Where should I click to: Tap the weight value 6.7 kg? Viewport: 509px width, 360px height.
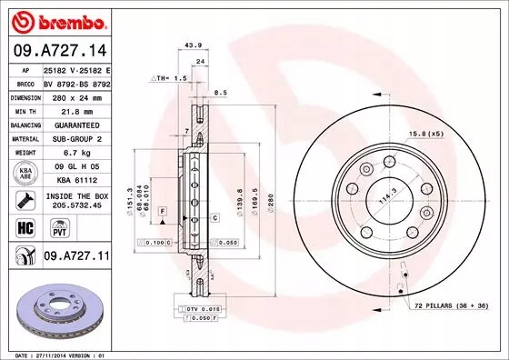75,154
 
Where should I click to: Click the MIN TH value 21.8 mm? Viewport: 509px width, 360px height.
75,108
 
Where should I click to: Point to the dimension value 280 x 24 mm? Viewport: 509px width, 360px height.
75,95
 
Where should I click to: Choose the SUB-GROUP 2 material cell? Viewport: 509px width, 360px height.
75,139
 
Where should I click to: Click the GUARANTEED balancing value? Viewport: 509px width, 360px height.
75,124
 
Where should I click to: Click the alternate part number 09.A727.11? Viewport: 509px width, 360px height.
75,257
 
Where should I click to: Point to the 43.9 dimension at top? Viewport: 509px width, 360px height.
192,45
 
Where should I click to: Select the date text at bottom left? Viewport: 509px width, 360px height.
55,354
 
